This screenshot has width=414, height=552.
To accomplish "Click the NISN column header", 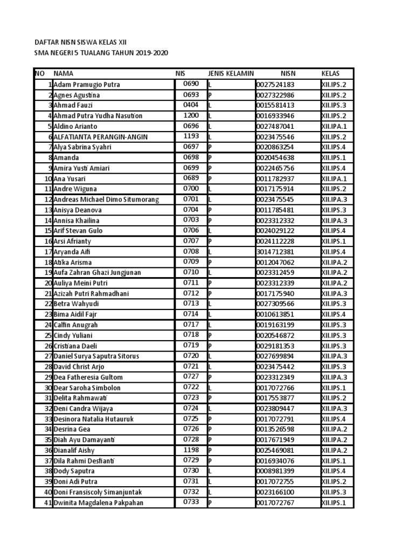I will pyautogui.click(x=288, y=73).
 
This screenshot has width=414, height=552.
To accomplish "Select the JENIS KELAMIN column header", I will pyautogui.click(x=231, y=73).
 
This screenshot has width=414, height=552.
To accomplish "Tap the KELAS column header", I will pyautogui.click(x=330, y=73).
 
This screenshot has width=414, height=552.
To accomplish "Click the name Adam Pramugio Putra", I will pyautogui.click(x=87, y=85).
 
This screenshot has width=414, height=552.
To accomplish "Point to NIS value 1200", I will pyautogui.click(x=191, y=115).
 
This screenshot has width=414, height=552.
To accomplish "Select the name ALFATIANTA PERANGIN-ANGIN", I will pyautogui.click(x=100, y=137).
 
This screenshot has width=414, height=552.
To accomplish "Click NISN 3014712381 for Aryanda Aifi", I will pyautogui.click(x=275, y=252).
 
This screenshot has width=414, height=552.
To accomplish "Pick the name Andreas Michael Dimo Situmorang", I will pyautogui.click(x=106, y=199).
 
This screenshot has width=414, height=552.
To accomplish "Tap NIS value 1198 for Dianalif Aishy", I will pyautogui.click(x=191, y=450).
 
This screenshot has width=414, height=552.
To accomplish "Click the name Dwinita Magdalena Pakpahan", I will pyautogui.click(x=99, y=503).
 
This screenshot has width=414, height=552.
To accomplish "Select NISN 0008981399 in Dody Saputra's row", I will pyautogui.click(x=275, y=471).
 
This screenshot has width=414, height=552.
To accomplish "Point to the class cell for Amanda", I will pyautogui.click(x=334, y=158).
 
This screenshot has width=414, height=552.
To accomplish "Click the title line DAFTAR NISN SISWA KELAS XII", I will pyautogui.click(x=80, y=42).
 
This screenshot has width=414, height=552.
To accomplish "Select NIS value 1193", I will pyautogui.click(x=191, y=136).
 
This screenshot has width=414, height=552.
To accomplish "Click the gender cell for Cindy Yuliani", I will pyautogui.click(x=210, y=335).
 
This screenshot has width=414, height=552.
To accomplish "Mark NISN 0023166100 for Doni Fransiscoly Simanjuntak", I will pyautogui.click(x=275, y=492).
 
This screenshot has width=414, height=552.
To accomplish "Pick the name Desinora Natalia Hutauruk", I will pyautogui.click(x=93, y=419).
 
